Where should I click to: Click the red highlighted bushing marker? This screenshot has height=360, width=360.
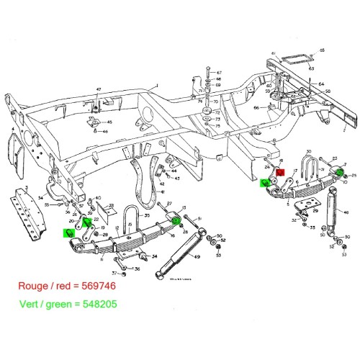(282, 174)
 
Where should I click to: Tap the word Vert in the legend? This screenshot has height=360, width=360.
(24, 305)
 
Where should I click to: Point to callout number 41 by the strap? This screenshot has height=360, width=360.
(163, 193)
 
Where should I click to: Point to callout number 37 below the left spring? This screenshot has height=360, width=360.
(114, 273)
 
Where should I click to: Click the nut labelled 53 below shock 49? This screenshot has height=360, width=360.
(219, 256)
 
